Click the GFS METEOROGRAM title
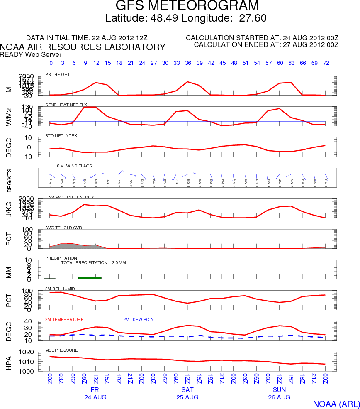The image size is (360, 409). [x=187, y=6]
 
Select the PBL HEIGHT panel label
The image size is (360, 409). [x=58, y=75]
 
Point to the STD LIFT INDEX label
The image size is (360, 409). [x=61, y=135]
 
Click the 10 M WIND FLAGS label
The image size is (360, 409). [x=73, y=166]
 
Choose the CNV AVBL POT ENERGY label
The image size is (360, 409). [x=70, y=197]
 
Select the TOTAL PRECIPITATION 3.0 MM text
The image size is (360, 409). [x=93, y=263]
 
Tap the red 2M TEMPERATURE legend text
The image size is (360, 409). [x=64, y=319]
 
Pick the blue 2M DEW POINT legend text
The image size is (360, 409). [x=139, y=319]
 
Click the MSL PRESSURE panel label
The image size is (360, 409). [x=60, y=350]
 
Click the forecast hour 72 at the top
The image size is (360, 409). [x=326, y=63]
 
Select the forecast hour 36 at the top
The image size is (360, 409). [x=188, y=63]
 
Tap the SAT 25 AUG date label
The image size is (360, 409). [x=187, y=394]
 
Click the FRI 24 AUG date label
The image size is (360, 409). [x=96, y=394]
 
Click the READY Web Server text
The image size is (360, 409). [x=31, y=54]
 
